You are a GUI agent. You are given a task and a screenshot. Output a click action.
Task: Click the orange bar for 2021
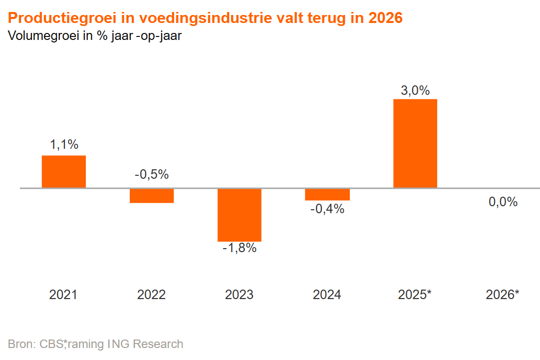[63, 172]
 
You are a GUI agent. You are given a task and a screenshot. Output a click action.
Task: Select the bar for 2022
[152, 196]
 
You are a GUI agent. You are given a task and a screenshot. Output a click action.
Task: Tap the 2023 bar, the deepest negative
[240, 215]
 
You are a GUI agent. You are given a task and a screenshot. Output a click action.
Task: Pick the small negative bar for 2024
[327, 194]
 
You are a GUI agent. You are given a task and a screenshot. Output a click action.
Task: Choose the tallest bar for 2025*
[415, 143]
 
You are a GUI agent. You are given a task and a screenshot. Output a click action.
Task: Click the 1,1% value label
[64, 145]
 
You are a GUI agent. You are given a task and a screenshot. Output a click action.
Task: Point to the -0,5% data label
[152, 175]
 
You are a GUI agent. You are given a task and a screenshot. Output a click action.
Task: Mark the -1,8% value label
[240, 248]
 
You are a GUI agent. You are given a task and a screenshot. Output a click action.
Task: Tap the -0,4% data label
[327, 209]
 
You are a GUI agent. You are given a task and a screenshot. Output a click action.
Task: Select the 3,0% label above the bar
[415, 90]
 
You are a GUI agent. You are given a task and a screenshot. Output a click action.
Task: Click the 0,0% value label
[503, 202]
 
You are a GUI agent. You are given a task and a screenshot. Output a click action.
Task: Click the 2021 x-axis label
[63, 295]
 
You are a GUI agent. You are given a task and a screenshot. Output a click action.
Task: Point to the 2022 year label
[151, 295]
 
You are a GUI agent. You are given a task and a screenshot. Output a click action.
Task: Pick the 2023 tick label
[239, 295]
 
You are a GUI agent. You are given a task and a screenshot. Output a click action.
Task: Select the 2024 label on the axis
[327, 295]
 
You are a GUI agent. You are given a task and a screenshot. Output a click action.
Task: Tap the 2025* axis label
[415, 295]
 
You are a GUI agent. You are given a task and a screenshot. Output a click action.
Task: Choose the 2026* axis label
[503, 295]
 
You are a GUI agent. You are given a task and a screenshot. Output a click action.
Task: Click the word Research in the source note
[158, 344]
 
